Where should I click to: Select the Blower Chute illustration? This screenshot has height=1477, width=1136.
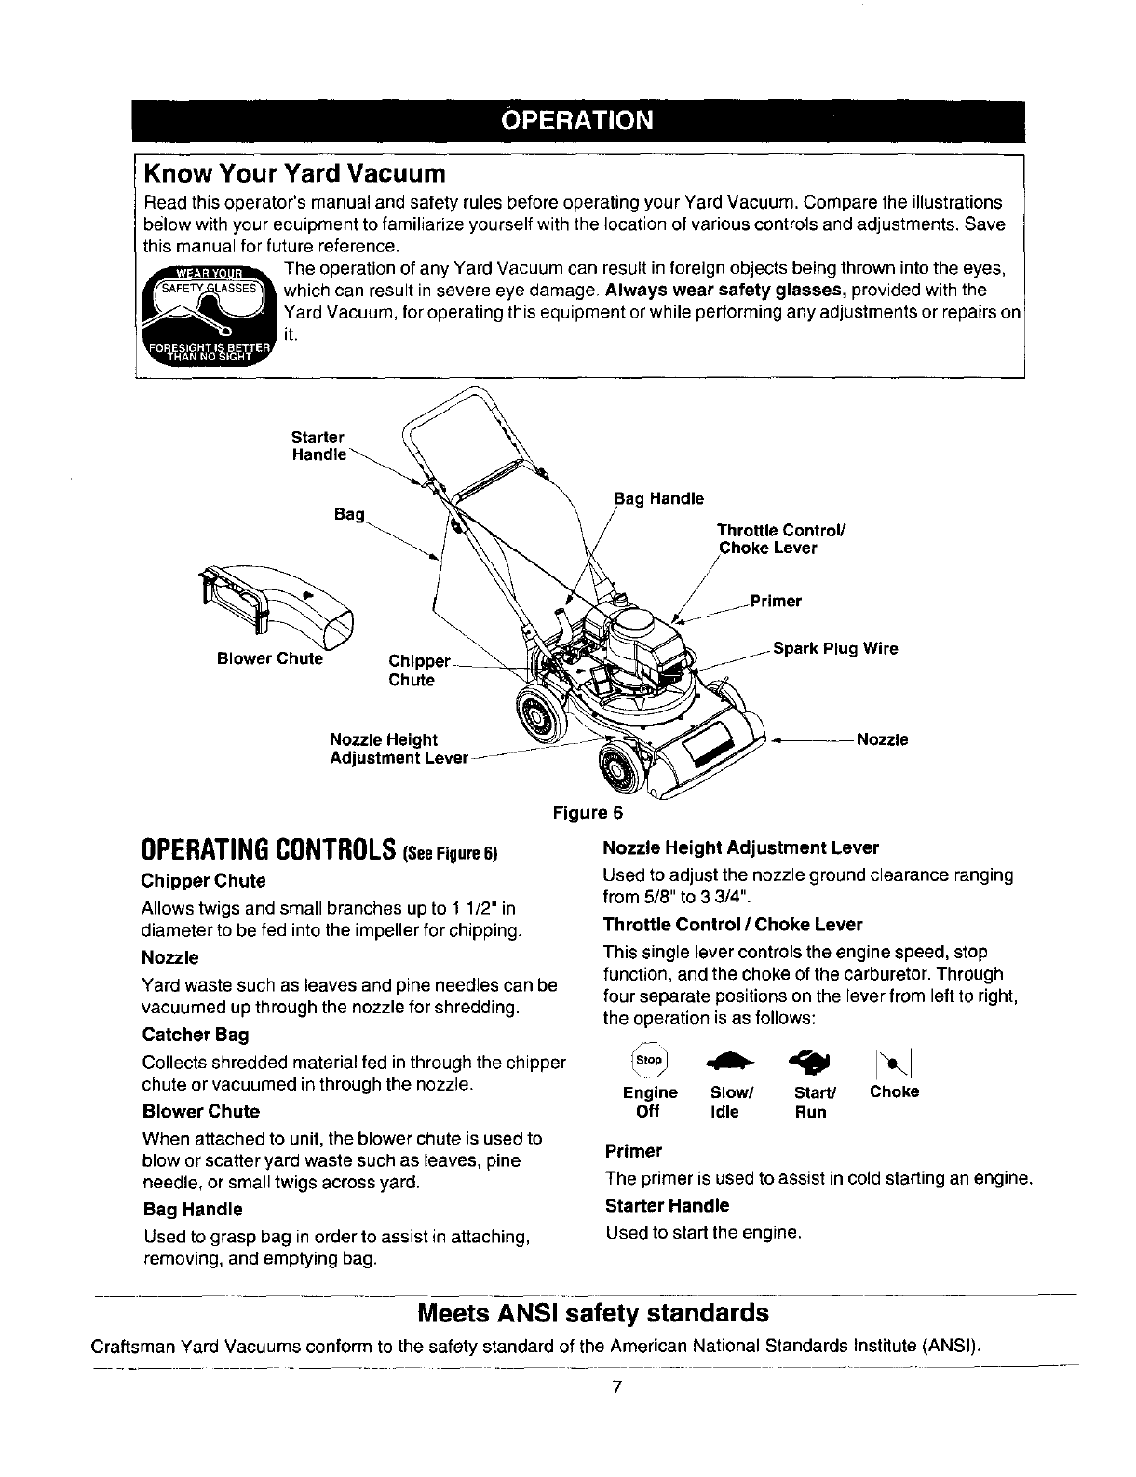tap(277, 606)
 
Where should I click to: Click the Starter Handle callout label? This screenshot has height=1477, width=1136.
tap(319, 445)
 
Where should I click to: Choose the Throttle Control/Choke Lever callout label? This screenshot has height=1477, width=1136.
tap(780, 539)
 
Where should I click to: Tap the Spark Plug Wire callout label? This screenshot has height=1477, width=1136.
tap(835, 648)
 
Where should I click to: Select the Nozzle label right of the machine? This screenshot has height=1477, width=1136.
tap(881, 740)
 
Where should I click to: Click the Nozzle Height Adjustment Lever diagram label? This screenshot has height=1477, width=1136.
tap(399, 749)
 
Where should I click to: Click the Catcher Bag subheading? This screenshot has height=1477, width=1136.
tap(196, 1035)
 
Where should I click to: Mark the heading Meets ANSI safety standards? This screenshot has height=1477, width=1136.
tap(593, 1313)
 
